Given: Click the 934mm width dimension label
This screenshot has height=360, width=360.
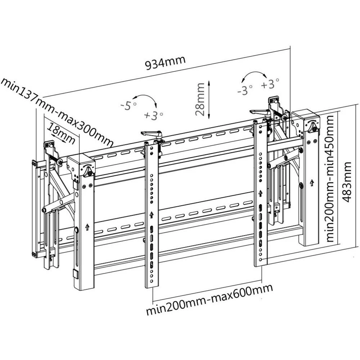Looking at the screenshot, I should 165,63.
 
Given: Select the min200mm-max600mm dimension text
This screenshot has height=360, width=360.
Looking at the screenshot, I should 209,299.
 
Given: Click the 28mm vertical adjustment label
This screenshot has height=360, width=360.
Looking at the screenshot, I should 200,99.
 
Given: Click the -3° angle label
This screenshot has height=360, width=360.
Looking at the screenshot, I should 245,90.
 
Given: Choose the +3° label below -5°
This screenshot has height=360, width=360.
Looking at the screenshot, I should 153,116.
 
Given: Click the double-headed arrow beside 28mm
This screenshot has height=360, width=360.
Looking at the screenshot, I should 210,99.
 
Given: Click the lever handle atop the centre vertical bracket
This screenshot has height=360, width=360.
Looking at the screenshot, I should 151,134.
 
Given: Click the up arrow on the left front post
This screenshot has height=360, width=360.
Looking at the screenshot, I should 87,228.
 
